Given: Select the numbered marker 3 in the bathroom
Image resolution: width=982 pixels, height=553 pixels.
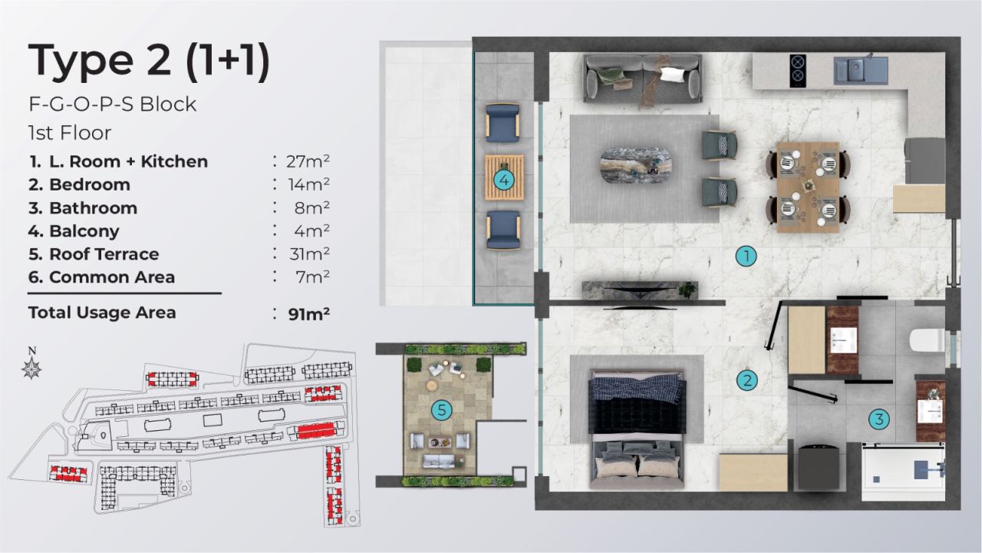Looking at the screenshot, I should pos(879,419).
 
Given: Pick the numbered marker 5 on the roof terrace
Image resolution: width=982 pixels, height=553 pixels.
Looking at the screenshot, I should pos(441,410).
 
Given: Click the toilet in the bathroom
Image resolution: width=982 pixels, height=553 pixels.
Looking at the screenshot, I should pos(926,339).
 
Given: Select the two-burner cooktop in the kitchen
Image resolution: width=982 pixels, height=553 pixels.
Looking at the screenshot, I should pos(798,69).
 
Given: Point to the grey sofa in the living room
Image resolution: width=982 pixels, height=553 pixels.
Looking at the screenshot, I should pos(643,78).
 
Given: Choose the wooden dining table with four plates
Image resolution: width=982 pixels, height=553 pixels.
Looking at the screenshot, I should pos(808,186).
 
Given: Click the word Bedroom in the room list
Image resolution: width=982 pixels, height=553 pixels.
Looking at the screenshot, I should pos(90,184).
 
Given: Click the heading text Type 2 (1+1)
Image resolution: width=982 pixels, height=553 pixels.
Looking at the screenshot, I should pos(149,61).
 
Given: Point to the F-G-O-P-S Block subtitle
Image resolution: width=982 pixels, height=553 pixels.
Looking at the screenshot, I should pos(112,104).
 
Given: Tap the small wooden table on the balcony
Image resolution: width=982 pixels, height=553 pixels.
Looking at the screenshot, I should pos(504,177).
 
